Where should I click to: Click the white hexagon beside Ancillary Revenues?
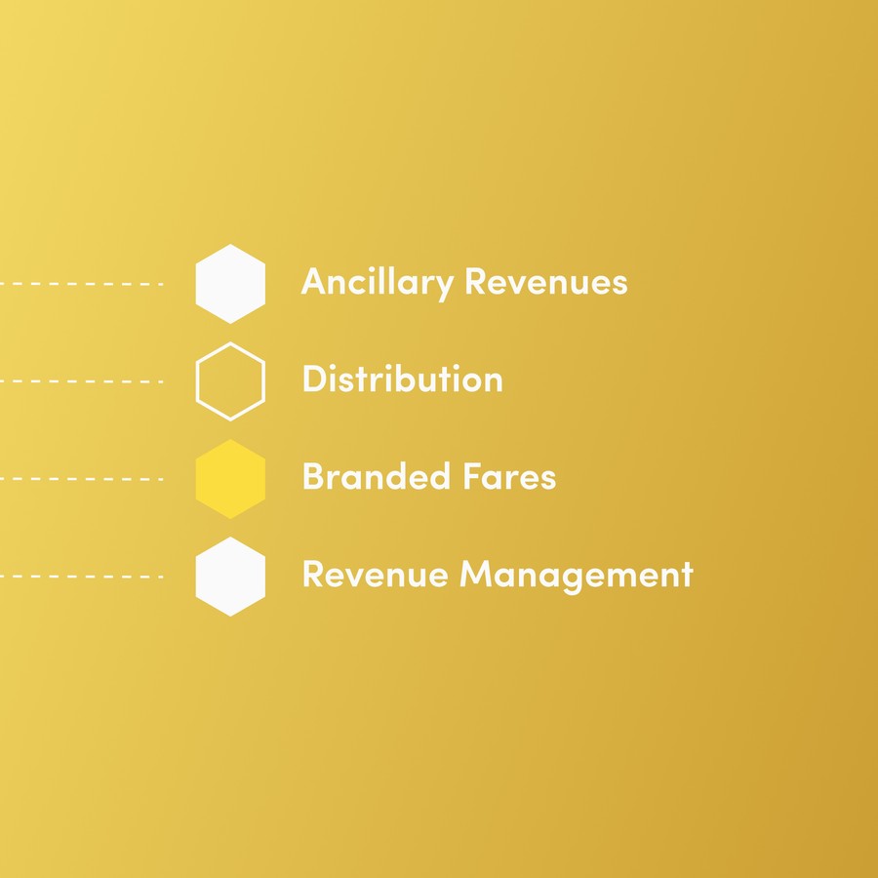(x=230, y=284)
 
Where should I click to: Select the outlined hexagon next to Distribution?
(x=230, y=381)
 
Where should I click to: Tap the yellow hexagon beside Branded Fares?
(x=230, y=479)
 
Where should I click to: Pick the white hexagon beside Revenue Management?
(x=230, y=577)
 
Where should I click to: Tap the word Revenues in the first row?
(x=545, y=282)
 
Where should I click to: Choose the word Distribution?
(x=403, y=379)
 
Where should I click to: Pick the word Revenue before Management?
(x=376, y=575)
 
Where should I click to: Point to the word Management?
(x=577, y=575)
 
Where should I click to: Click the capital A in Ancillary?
(x=313, y=282)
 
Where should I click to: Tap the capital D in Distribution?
(x=313, y=379)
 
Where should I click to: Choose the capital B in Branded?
(x=312, y=477)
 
